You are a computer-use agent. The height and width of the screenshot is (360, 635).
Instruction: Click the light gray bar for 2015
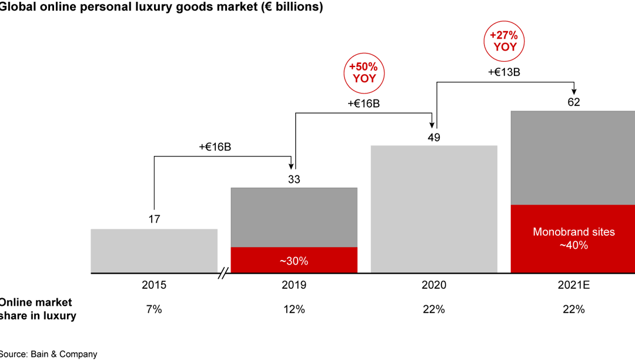coord(154,251)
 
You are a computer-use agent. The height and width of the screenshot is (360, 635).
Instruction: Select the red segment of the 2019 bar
coord(294,260)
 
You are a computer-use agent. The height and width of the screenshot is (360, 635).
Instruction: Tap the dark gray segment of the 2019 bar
coord(294,218)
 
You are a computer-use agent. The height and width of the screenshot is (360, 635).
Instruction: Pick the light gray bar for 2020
coord(434,209)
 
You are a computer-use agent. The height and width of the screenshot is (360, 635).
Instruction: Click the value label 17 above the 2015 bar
coord(154,219)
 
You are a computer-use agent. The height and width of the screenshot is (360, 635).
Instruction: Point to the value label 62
coord(574,102)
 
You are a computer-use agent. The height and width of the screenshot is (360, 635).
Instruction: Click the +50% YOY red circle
coord(363,72)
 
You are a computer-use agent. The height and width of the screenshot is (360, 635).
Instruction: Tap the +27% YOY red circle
coord(503,41)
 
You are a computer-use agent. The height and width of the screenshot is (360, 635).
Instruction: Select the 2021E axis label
coord(574,285)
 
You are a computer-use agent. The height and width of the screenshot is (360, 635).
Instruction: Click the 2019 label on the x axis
coord(294,285)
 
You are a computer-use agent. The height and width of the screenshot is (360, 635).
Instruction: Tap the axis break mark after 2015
coord(224,274)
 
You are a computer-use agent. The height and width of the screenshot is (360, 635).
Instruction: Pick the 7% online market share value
coord(154,309)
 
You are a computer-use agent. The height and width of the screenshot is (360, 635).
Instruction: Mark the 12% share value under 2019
coord(294,309)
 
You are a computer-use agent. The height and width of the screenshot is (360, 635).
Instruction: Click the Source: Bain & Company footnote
coord(49,354)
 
